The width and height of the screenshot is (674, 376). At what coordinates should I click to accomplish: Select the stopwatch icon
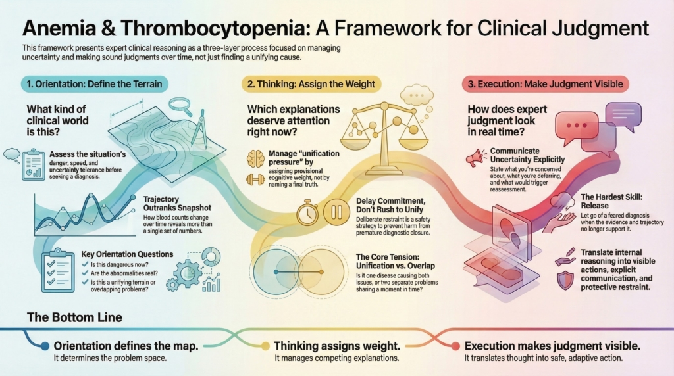(308, 212)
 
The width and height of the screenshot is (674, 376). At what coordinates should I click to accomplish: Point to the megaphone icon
(474, 158)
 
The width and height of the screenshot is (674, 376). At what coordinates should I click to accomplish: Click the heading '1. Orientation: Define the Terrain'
(95, 83)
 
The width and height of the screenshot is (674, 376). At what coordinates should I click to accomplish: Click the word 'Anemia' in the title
(57, 29)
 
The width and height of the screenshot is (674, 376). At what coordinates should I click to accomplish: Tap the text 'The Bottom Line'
(74, 317)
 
